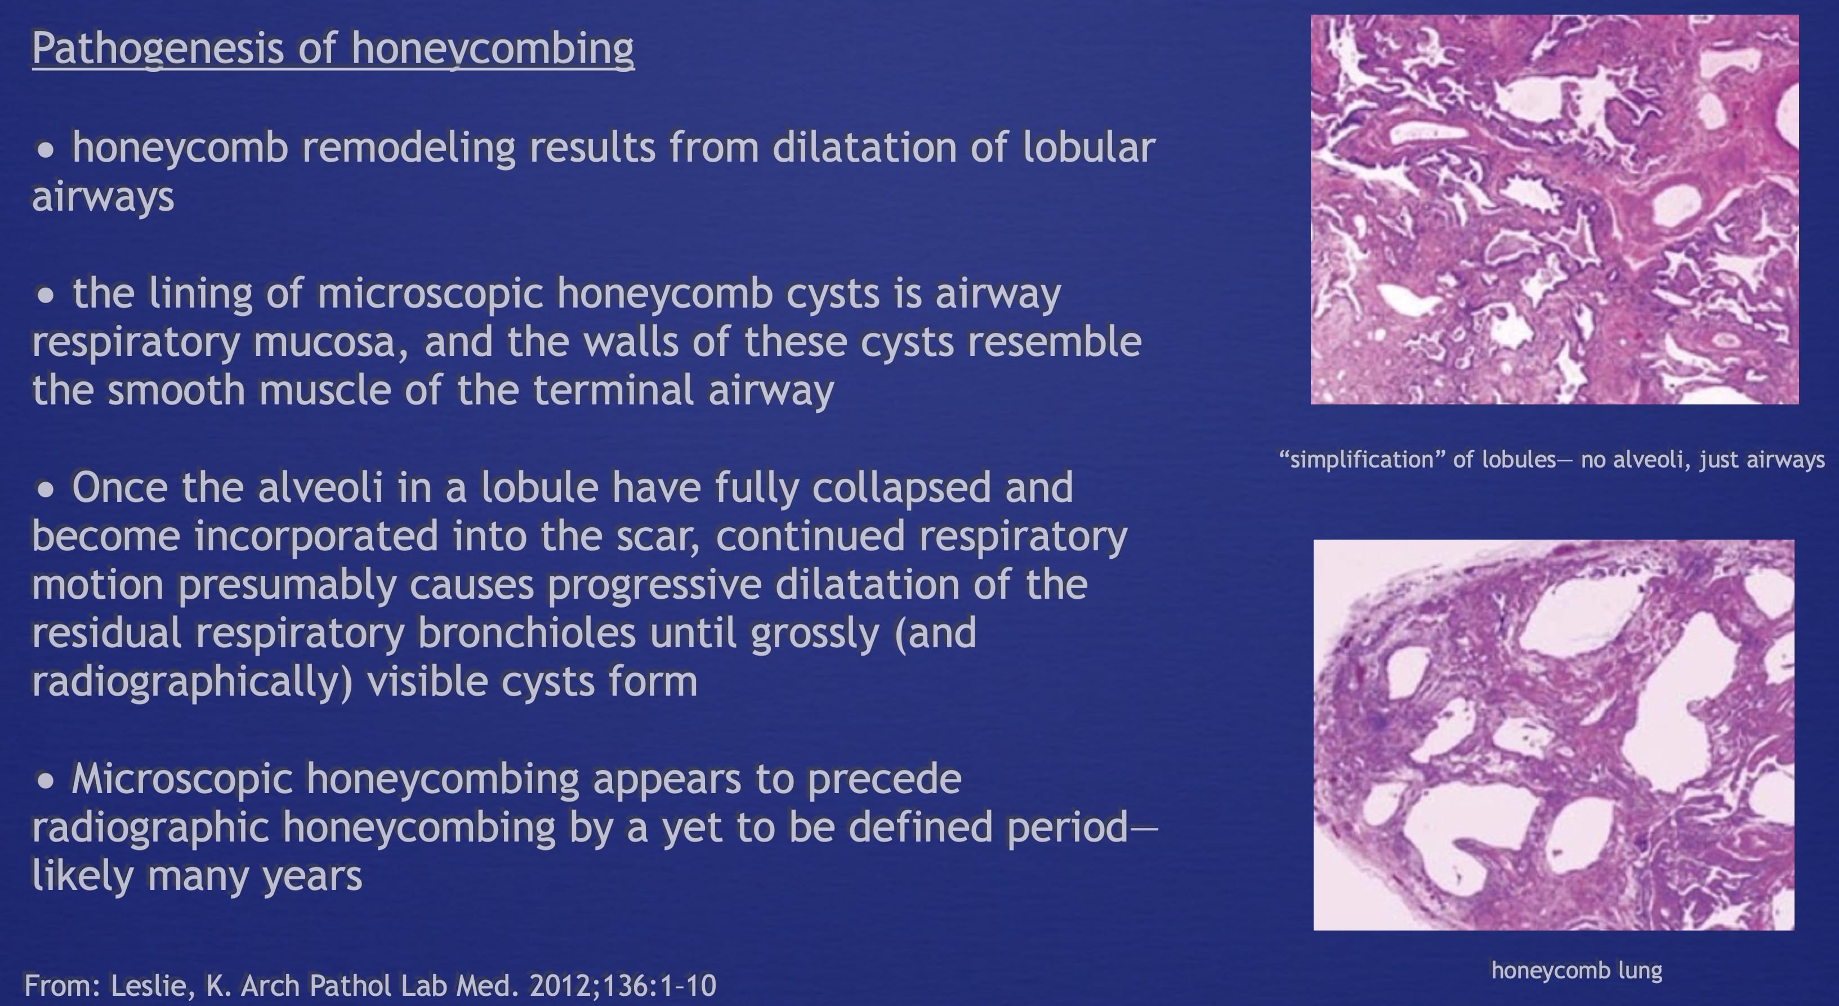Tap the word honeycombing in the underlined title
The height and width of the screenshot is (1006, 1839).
click(x=493, y=49)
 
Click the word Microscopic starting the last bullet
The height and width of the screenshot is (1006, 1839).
click(x=182, y=779)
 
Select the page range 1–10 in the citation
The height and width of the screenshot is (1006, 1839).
click(x=688, y=986)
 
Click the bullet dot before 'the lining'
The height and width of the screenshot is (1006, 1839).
click(x=46, y=295)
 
